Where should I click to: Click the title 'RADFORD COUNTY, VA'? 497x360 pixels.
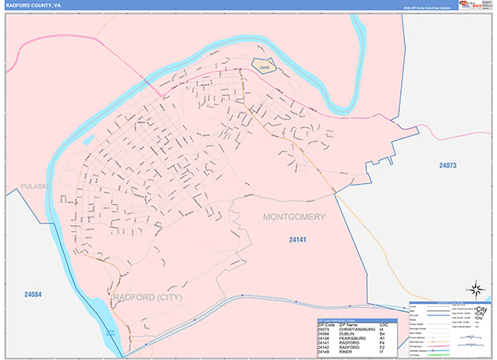[28, 5]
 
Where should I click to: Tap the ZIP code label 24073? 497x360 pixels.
[448, 166]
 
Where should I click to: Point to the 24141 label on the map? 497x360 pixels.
[298, 240]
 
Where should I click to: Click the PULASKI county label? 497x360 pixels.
[37, 187]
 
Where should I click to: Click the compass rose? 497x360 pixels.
[477, 290]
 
